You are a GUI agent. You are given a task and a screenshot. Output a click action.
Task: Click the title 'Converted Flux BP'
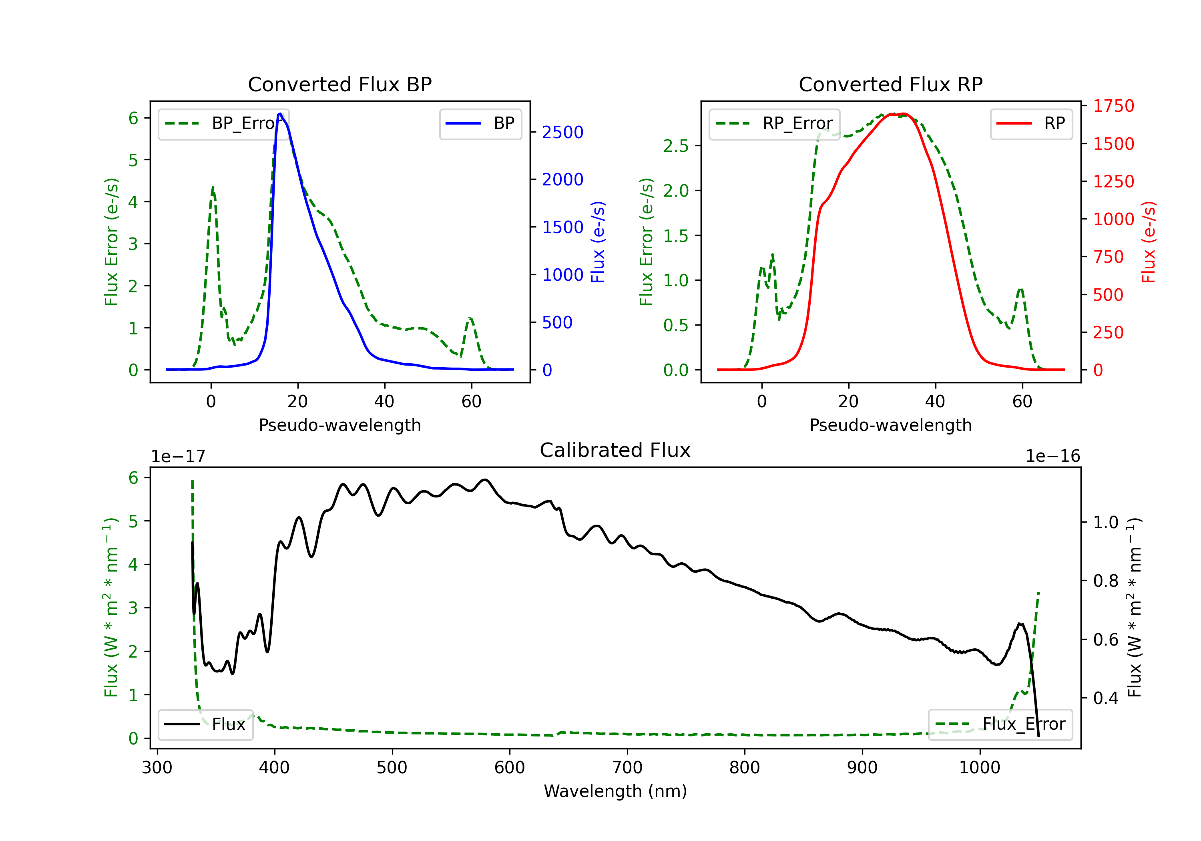click(339, 84)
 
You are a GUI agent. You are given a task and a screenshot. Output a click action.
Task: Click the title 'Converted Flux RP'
click(890, 84)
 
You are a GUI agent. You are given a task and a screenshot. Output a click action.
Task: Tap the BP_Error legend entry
click(223, 123)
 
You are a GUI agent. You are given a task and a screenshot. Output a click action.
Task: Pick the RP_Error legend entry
click(774, 123)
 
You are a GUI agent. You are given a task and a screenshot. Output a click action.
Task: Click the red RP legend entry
click(1031, 123)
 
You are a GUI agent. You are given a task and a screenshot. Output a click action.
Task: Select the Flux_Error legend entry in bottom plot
click(1000, 724)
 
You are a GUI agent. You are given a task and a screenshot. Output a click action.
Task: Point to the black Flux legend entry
click(206, 724)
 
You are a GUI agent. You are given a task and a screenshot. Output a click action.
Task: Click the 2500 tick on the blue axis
click(562, 133)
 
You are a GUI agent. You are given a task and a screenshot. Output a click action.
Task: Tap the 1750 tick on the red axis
click(1113, 106)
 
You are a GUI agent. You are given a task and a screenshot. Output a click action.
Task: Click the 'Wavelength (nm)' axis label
click(615, 791)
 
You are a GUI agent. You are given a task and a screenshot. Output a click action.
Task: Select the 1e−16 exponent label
click(1052, 457)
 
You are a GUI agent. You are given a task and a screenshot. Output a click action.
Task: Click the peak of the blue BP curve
click(280, 114)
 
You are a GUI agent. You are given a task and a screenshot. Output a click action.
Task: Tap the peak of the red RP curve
click(904, 114)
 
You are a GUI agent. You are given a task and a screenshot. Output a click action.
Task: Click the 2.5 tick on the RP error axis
click(676, 146)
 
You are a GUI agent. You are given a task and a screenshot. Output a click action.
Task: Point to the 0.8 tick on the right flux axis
click(1105, 581)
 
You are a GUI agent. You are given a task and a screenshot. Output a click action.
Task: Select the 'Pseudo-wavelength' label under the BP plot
click(339, 425)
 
